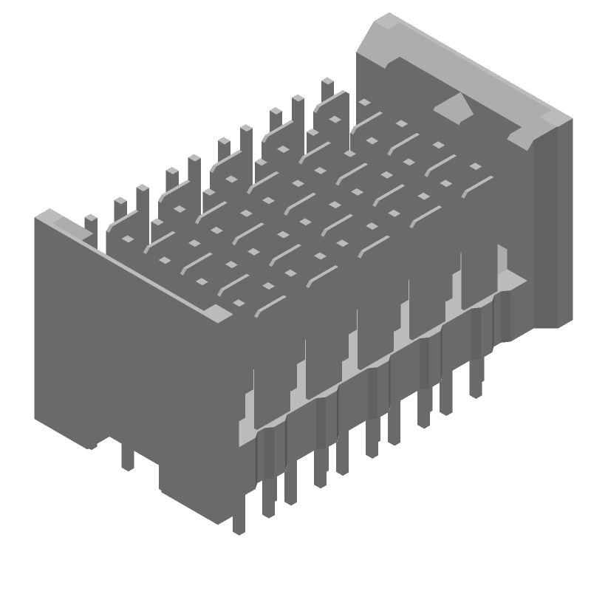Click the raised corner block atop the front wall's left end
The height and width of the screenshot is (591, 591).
51,218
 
